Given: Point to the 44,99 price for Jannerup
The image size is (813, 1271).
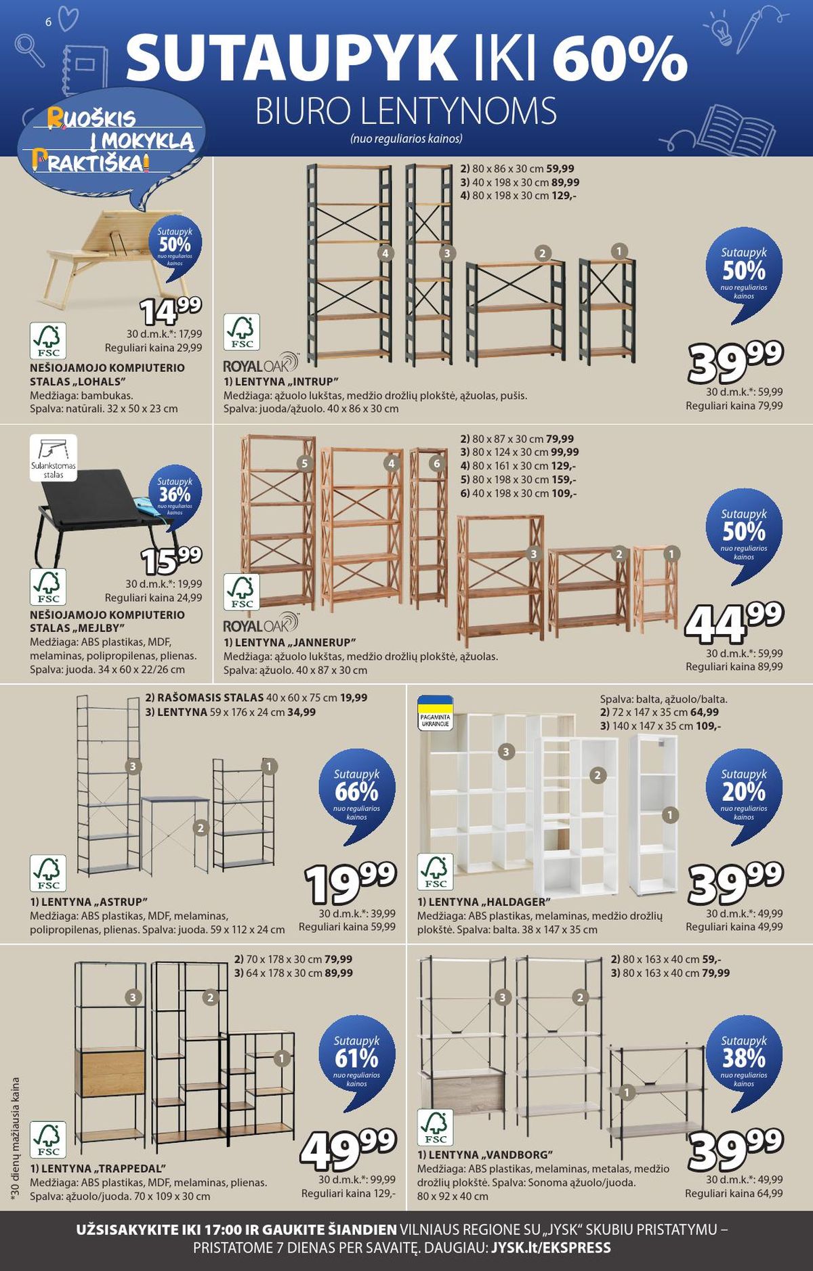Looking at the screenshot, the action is pyautogui.click(x=734, y=622).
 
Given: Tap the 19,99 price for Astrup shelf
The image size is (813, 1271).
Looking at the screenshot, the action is pyautogui.click(x=350, y=883).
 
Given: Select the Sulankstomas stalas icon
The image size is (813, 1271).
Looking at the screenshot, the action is pyautogui.click(x=54, y=458).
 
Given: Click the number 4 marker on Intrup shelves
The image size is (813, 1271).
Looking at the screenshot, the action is pyautogui.click(x=385, y=253).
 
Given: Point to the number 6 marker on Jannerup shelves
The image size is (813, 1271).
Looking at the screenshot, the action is pyautogui.click(x=437, y=463).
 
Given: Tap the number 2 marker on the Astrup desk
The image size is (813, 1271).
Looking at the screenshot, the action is pyautogui.click(x=200, y=827).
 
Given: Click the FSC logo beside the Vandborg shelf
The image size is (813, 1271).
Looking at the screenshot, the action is pyautogui.click(x=436, y=1128).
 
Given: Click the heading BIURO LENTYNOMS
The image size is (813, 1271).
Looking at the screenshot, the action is pyautogui.click(x=406, y=112).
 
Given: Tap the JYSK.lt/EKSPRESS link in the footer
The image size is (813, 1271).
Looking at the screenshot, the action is pyautogui.click(x=551, y=1248).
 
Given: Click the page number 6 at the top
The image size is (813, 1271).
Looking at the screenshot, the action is pyautogui.click(x=48, y=22).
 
